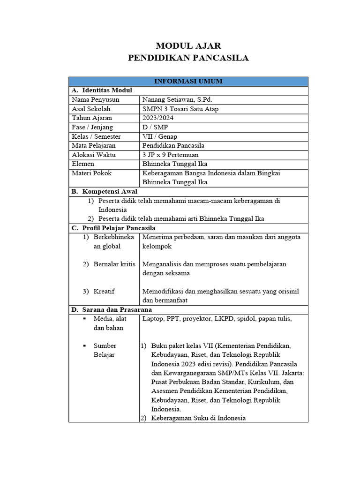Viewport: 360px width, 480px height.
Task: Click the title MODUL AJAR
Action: [188, 45]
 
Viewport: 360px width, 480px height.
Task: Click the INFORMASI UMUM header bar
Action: [188, 82]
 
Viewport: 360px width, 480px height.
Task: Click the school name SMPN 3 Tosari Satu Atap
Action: [180, 109]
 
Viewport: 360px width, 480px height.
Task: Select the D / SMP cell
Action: [154, 127]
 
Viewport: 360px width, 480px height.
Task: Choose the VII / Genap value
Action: [160, 136]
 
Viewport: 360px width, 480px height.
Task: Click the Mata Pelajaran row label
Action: [94, 145]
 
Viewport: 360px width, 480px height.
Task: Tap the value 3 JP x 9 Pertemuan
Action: [170, 155]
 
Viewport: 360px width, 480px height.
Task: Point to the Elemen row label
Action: [83, 164]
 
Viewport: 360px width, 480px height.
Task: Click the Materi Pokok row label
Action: [92, 173]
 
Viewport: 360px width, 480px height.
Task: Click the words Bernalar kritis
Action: [114, 264]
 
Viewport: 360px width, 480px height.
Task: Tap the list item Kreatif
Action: [104, 291]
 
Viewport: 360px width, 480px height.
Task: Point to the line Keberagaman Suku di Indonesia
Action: [198, 418]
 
